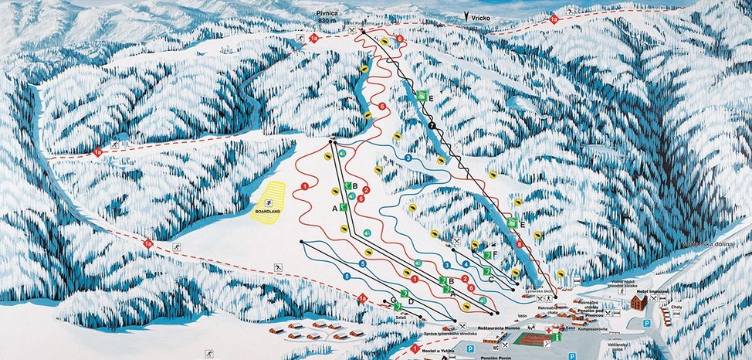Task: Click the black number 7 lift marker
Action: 432,124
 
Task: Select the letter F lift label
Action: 494,253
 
